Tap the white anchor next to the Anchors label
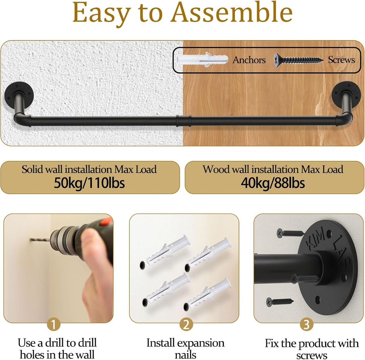coord(201,60)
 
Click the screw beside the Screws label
coord(298,60)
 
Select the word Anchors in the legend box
coord(249,60)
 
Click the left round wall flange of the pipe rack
coord(19,95)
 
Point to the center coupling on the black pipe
coord(184,120)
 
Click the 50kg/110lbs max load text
coord(89,183)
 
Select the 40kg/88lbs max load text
coord(273,183)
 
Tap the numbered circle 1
coord(54,324)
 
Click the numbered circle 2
coord(186,324)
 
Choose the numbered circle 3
coord(306,324)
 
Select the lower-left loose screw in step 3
coord(280,302)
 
